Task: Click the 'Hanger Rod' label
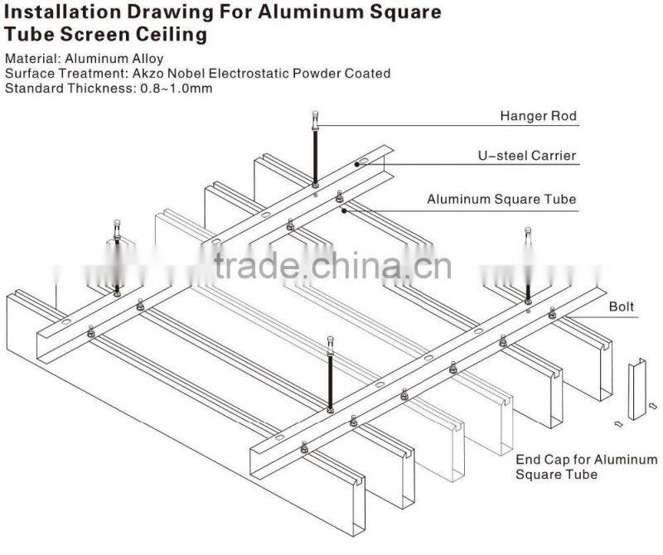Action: (538, 116)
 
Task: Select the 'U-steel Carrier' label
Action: (526, 155)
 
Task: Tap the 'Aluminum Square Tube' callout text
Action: (501, 199)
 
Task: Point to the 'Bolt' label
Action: (622, 306)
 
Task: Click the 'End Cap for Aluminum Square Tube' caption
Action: (586, 466)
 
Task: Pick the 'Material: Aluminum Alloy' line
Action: (84, 59)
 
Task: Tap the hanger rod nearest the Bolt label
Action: (528, 269)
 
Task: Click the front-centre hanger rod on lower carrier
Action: (331, 373)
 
